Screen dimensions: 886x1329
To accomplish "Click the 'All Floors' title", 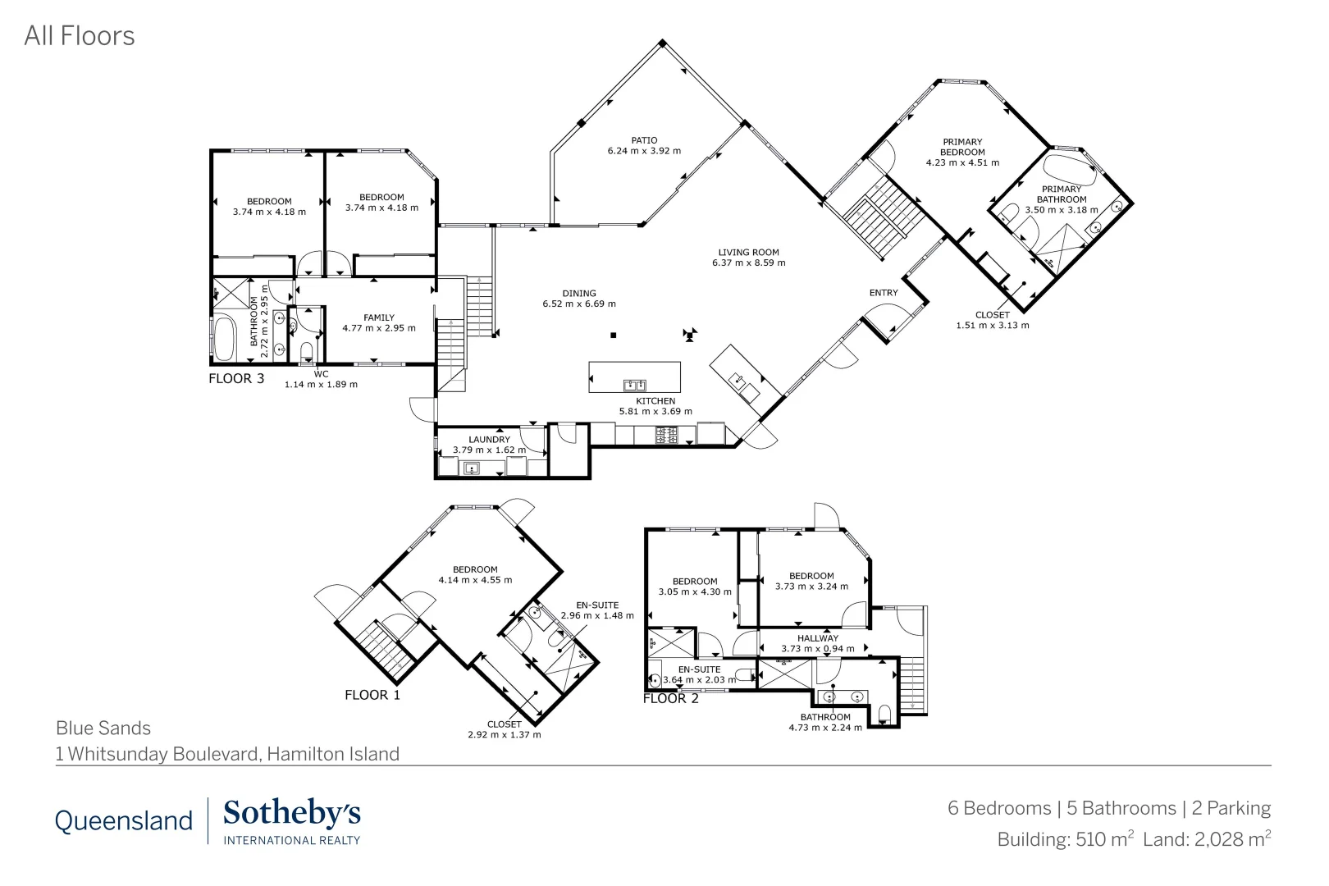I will (80, 36).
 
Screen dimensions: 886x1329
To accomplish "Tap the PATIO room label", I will (644, 140).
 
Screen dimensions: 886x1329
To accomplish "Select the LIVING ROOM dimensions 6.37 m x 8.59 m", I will (748, 263).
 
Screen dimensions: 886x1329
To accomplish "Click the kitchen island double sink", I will (634, 385).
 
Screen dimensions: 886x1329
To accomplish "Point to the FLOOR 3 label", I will (236, 379).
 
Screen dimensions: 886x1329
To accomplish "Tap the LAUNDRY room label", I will (489, 440).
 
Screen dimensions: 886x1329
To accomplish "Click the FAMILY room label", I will (379, 317).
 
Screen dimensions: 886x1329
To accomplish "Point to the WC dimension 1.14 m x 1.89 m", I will (321, 384).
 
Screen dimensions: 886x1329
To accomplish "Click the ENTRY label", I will (884, 293).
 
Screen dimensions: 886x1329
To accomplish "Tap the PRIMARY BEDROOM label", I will (962, 147).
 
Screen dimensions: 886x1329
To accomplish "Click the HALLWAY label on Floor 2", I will (818, 638).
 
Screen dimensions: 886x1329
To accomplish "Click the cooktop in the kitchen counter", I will (666, 435).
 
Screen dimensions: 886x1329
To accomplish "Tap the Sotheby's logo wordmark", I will (291, 814).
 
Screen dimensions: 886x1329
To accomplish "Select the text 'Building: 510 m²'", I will (1065, 839).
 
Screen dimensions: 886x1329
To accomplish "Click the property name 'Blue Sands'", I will (103, 728).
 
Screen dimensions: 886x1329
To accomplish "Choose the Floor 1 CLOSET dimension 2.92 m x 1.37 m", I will (504, 734).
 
